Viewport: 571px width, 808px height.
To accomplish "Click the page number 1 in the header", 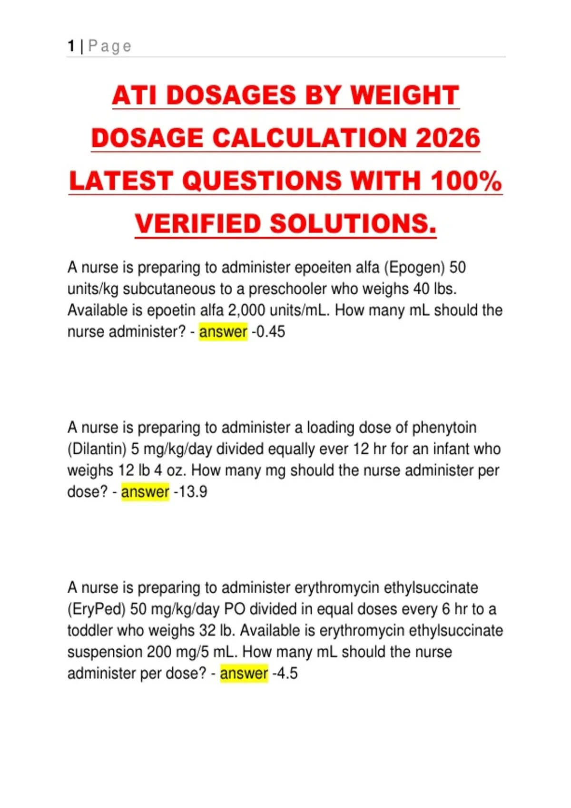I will click(x=71, y=46).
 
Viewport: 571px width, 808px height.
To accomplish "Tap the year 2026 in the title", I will click(x=448, y=138).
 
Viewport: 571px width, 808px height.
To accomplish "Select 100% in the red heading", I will click(x=466, y=181).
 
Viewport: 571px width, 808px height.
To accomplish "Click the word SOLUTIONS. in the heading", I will click(x=353, y=224).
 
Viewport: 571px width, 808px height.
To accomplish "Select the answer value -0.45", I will click(x=268, y=332).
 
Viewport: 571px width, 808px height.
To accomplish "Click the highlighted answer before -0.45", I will click(x=223, y=332).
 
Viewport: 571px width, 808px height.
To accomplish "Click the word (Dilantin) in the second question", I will click(x=97, y=449).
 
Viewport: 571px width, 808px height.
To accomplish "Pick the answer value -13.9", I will click(x=190, y=492).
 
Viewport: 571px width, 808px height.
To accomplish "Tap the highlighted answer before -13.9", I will click(x=145, y=492).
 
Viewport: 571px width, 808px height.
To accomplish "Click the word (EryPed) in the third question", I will click(x=97, y=609).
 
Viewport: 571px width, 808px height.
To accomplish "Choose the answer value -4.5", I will click(x=285, y=673).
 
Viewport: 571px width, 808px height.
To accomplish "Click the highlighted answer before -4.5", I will click(x=244, y=673).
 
